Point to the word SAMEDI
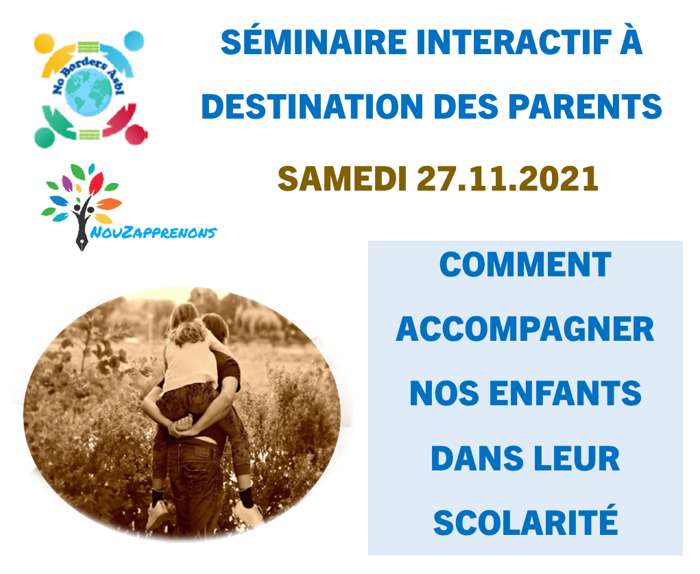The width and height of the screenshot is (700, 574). point(342,178)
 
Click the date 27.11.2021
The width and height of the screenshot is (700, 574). point(507,178)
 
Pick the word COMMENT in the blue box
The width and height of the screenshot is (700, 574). point(525,265)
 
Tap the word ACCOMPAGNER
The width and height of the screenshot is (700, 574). point(525,329)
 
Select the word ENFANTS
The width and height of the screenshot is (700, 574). point(566,394)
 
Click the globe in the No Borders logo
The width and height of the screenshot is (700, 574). point(88,91)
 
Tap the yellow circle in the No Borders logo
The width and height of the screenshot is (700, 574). point(44,43)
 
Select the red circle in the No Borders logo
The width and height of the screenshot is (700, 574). point(136,134)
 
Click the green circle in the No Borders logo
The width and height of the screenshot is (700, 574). point(45,138)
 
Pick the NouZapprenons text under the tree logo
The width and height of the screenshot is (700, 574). point(154,232)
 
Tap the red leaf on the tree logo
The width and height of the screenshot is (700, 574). point(96,184)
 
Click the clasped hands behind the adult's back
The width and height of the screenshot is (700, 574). point(184,426)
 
